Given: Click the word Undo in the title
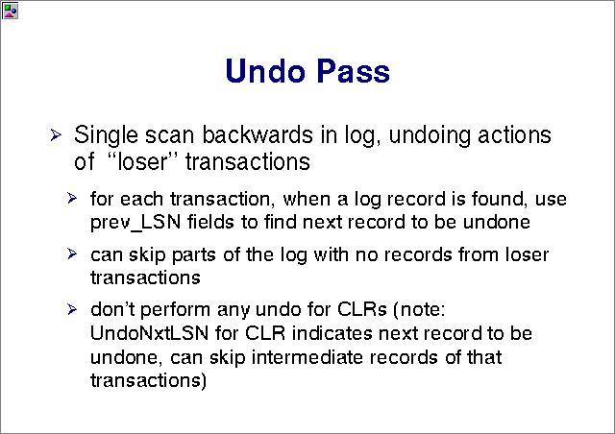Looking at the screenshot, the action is [265, 71].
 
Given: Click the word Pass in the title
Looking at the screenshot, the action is [354, 71].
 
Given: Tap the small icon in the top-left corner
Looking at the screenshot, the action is [10, 11].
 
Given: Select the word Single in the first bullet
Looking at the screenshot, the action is [106, 135].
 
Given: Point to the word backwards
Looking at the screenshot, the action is [258, 134].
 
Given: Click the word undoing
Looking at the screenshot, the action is [430, 135].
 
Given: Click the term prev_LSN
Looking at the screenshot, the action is [135, 223].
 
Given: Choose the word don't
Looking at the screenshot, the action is [112, 309].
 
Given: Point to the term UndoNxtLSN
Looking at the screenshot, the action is [149, 333].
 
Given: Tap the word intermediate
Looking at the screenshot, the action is [307, 357].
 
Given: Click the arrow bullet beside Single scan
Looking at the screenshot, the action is [56, 135].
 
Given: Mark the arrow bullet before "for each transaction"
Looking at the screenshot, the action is [72, 198].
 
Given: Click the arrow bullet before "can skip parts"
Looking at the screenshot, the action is [72, 253].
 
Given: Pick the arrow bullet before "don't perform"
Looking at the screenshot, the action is [72, 309].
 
